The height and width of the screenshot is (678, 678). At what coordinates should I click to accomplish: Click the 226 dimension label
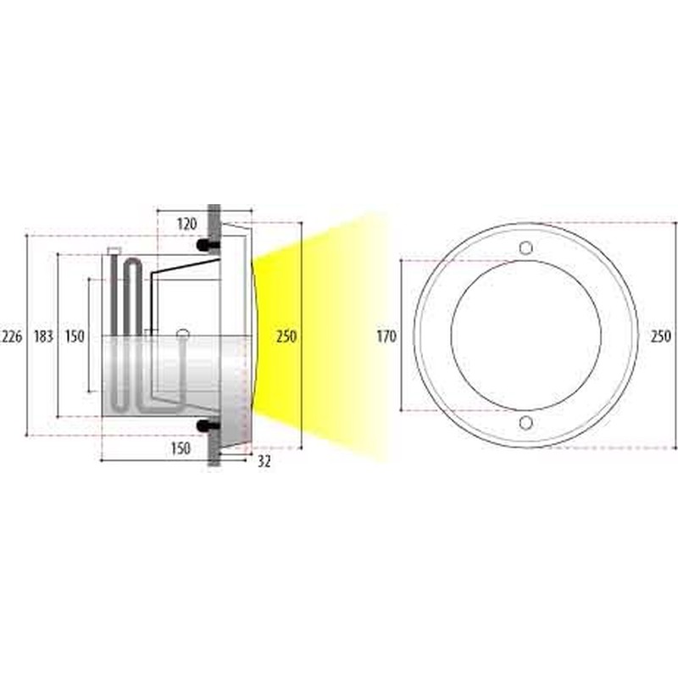click(12, 336)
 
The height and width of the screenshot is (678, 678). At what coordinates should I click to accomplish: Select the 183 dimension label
click(43, 336)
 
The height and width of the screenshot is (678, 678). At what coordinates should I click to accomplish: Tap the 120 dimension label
click(186, 224)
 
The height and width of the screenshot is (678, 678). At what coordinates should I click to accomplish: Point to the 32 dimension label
click(264, 461)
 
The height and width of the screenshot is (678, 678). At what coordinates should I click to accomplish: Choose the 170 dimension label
click(386, 336)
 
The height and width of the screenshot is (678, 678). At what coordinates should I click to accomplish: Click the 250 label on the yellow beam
click(286, 336)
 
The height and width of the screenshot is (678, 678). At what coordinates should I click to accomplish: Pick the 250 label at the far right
click(661, 336)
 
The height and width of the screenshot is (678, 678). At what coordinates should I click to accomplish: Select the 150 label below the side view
click(181, 448)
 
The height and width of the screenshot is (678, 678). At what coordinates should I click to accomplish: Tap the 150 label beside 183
click(75, 336)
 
